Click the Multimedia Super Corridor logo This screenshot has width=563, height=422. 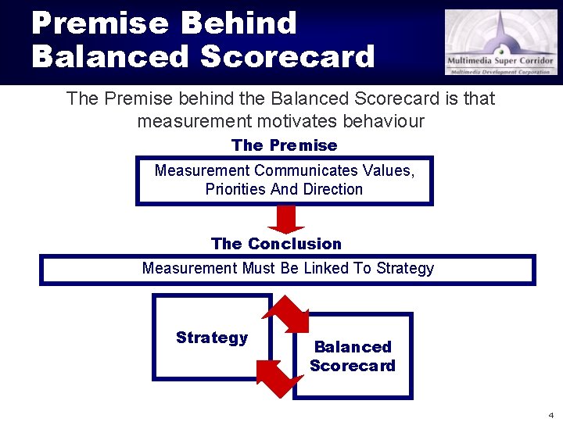click(500, 42)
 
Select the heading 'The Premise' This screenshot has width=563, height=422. click(284, 145)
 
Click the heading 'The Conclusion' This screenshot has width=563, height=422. click(276, 244)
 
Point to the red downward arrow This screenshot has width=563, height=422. click(286, 219)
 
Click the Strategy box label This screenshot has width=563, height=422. click(211, 338)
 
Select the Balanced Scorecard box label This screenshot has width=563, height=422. click(352, 356)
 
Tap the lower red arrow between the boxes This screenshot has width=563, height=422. click(279, 377)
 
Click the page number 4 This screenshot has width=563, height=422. click(550, 414)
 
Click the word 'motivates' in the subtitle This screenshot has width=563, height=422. click(292, 121)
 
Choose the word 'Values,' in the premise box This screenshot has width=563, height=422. click(388, 170)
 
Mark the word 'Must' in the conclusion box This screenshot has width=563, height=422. click(259, 268)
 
